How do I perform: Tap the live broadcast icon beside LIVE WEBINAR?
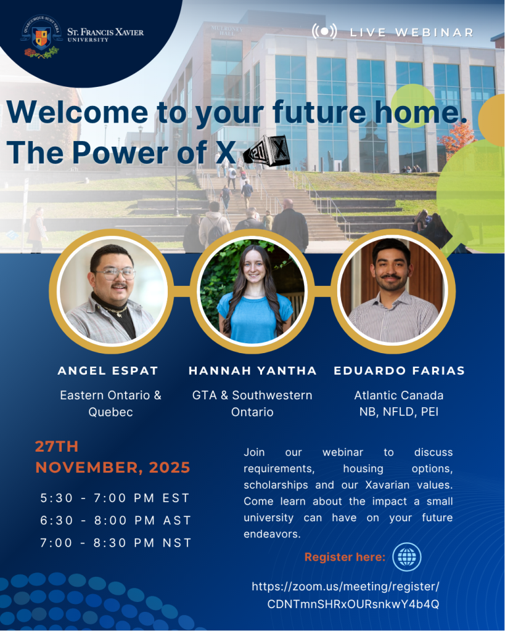(x=324, y=31)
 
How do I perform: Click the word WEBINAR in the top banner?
(x=434, y=32)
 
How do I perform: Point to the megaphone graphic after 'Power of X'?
(x=266, y=152)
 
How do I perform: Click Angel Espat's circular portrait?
(x=111, y=291)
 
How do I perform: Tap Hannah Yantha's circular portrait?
(x=252, y=291)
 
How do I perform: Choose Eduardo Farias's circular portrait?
(x=393, y=291)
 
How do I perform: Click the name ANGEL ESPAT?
(x=108, y=370)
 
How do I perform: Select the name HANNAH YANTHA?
(x=253, y=370)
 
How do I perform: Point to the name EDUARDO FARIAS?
(x=399, y=370)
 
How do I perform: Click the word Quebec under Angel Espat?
(x=111, y=412)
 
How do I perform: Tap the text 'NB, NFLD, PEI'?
(x=399, y=412)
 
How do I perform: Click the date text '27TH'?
(x=57, y=446)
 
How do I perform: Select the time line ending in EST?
(x=115, y=498)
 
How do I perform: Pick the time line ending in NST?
(x=115, y=543)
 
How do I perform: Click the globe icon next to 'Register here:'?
(x=407, y=557)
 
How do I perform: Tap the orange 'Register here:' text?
(x=345, y=557)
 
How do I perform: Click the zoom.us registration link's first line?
(x=345, y=587)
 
